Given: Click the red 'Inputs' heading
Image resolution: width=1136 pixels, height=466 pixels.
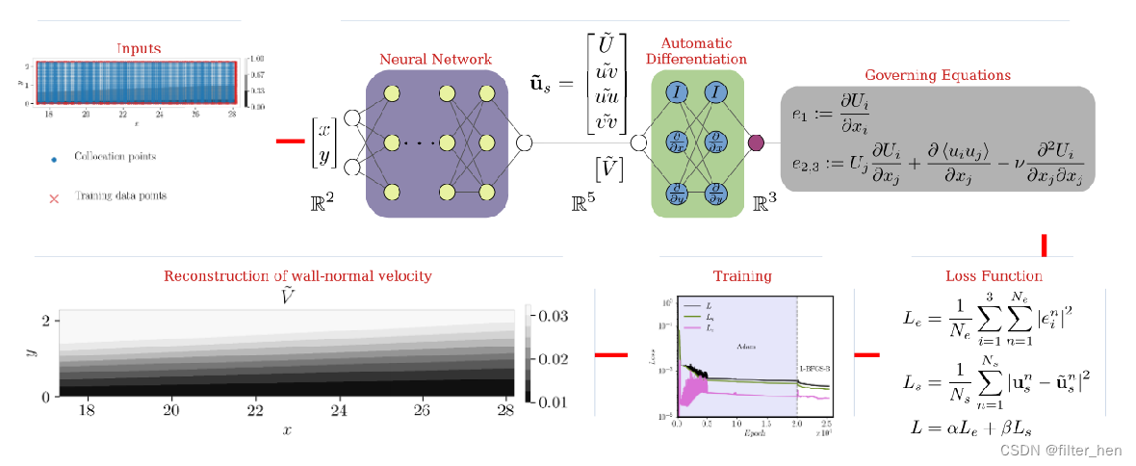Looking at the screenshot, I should [x=139, y=48].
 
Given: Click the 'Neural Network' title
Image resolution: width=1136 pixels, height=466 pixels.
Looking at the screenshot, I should [x=435, y=60].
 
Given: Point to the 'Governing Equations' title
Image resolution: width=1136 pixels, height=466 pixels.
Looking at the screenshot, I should [x=937, y=74].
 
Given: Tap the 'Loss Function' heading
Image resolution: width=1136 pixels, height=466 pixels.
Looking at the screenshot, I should [x=994, y=276].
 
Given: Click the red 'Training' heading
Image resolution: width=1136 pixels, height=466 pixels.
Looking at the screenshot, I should [x=742, y=276].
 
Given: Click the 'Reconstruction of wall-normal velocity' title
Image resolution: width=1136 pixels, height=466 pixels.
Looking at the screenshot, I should [x=297, y=276].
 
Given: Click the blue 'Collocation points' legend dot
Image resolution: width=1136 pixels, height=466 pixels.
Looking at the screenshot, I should [x=53, y=156].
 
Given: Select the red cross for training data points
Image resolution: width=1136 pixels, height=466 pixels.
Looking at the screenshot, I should [x=53, y=197].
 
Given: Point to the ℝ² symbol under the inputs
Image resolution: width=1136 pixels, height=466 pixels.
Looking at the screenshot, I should [x=323, y=202].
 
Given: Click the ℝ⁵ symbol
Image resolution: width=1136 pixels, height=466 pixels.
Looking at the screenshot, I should [x=583, y=202].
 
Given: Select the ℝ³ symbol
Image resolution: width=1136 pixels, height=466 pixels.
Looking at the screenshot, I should [x=764, y=202].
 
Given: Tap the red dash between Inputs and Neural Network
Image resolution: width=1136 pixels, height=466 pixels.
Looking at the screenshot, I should [x=290, y=142].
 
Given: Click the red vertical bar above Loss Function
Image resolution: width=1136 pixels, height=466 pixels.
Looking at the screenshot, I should [x=1044, y=245].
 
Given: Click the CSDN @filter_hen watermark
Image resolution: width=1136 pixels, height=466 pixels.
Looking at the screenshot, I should [x=1061, y=450].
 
